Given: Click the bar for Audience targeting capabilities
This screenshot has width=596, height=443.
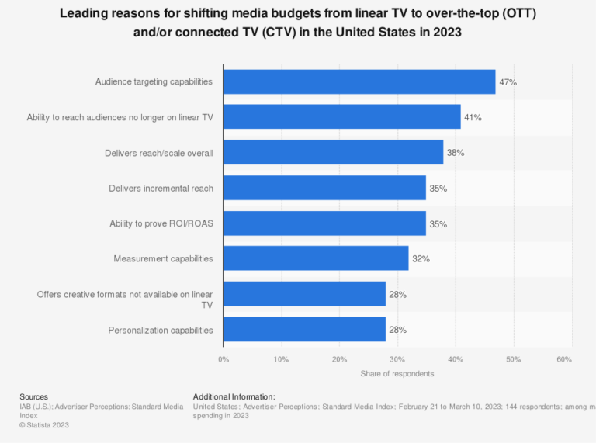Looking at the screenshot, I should (359, 81).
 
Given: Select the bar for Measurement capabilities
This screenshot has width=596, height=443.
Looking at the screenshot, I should (316, 258).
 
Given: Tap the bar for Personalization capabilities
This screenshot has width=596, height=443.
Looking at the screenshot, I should (304, 330).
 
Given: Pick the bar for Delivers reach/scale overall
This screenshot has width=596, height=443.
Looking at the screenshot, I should (333, 152).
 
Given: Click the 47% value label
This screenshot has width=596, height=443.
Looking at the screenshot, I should (508, 81).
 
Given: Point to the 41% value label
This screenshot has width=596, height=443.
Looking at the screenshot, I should (473, 117).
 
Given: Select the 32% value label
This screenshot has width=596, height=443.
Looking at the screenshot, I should (421, 258).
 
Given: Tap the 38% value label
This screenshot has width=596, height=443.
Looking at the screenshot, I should (456, 153).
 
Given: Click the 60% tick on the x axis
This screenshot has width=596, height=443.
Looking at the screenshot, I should (564, 359).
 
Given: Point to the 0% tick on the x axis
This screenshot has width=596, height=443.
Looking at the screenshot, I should (223, 359).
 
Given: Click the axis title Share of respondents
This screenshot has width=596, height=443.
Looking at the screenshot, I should (397, 373).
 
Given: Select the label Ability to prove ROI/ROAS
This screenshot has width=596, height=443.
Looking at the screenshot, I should (161, 223).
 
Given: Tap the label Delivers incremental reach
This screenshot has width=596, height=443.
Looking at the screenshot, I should (161, 188).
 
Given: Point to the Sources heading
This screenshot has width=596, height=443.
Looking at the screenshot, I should (33, 396).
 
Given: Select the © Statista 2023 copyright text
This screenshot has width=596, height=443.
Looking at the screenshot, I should (45, 424).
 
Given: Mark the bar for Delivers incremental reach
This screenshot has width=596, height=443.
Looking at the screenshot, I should (324, 188).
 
